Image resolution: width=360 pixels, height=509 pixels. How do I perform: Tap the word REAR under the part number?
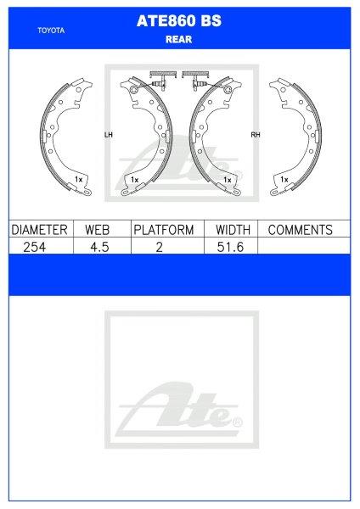[x=179, y=37]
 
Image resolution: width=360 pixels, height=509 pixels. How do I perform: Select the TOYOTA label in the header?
[x=51, y=31]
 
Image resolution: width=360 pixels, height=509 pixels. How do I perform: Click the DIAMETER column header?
[x=38, y=230]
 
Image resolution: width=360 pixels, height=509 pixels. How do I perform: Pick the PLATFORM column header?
[x=163, y=230]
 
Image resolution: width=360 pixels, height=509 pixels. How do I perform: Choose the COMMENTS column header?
[x=300, y=230]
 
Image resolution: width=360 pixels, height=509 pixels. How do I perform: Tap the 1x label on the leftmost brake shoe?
[x=77, y=180]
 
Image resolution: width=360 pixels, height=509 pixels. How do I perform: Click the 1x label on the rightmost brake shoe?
[x=284, y=180]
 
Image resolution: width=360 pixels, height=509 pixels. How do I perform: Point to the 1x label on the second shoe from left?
[x=134, y=180]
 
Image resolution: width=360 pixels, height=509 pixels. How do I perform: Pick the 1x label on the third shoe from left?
[x=227, y=180]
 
